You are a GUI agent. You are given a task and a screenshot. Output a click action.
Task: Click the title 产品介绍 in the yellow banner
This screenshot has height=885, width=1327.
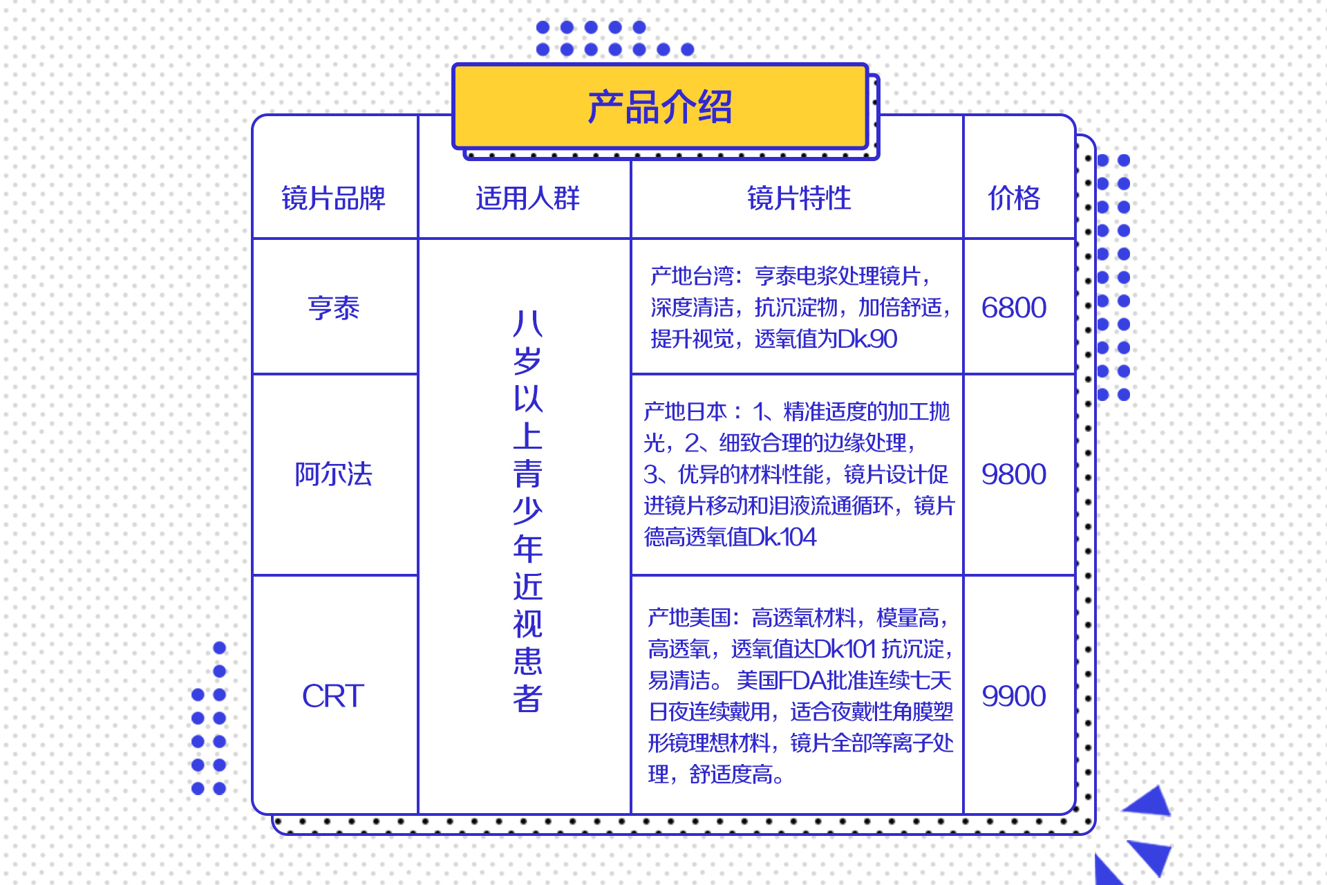[660, 107]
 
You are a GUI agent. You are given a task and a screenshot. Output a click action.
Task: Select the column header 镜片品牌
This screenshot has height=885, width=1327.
[333, 198]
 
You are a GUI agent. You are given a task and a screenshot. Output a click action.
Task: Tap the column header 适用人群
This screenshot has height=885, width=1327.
[527, 198]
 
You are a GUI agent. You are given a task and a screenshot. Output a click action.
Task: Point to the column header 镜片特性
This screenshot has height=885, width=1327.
[799, 198]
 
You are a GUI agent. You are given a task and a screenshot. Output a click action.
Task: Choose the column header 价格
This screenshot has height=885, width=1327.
[1014, 198]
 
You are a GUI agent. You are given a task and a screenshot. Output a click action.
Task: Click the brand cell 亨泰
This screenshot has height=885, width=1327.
[333, 308]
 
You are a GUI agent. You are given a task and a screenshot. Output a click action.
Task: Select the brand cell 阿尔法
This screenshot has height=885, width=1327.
[333, 474]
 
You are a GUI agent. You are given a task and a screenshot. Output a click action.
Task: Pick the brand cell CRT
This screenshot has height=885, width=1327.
[333, 696]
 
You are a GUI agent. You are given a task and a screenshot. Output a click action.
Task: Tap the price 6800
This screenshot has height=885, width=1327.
[1014, 308]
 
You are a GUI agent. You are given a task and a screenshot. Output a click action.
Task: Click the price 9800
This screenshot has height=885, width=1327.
[1014, 474]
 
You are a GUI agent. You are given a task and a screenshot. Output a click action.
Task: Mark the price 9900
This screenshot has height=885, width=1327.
[1014, 696]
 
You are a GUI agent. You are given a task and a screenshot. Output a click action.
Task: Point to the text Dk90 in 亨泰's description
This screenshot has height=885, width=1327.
[867, 339]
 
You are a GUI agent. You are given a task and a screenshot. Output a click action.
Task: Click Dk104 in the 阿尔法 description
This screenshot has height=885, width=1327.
[782, 537]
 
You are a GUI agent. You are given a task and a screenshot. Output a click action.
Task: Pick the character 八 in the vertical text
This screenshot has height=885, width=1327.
[528, 323]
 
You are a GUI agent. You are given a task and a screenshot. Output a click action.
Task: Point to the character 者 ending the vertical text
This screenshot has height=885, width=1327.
[528, 698]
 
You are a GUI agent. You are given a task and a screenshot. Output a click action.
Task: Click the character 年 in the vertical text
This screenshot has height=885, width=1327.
[528, 548]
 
